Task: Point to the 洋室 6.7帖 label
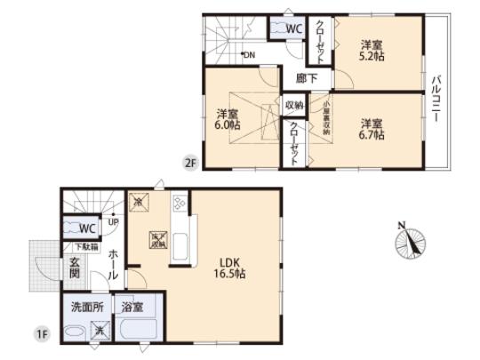coord(372,128)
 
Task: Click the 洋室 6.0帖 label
coord(228,119)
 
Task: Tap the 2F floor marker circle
coord(189,162)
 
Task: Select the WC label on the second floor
coord(293,28)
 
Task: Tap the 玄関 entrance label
coord(76,268)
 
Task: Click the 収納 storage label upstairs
coord(293,105)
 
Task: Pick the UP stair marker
coord(113,222)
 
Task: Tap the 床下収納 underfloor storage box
coord(156,240)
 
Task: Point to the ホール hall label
coord(113,265)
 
